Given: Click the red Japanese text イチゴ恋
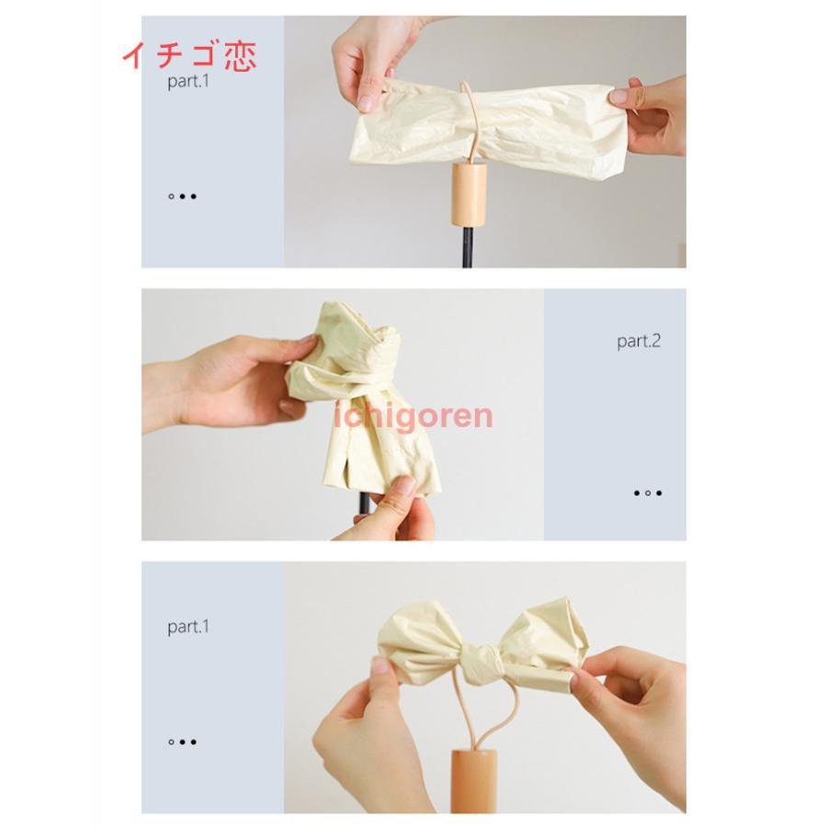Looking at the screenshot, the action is tap(189, 56).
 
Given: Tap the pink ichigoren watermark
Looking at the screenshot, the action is tap(414, 416).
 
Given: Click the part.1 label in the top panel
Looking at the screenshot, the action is tap(188, 81).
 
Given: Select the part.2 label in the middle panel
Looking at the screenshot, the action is tap(639, 341).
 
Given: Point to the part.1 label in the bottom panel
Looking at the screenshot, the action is tap(188, 627).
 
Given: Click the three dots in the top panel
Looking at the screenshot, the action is tap(183, 197).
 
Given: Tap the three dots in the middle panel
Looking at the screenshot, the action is tap(648, 493).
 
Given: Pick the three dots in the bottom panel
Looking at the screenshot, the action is tap(183, 742).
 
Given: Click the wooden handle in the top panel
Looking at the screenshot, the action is tap(470, 194).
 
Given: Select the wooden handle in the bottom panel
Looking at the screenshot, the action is tap(473, 779).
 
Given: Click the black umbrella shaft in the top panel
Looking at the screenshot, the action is tap(467, 247).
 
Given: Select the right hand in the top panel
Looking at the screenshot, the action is tap(649, 115).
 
